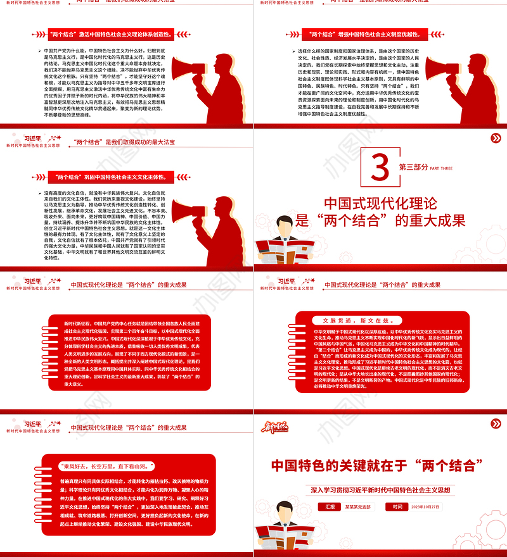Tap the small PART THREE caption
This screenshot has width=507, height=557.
pos(442,168)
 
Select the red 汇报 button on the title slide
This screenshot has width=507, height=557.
pos(330,506)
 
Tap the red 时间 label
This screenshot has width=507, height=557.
pos(397,506)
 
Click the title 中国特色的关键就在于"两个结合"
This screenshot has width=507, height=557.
pos(378,466)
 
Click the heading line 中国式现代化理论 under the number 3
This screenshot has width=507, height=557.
pos(380,204)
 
